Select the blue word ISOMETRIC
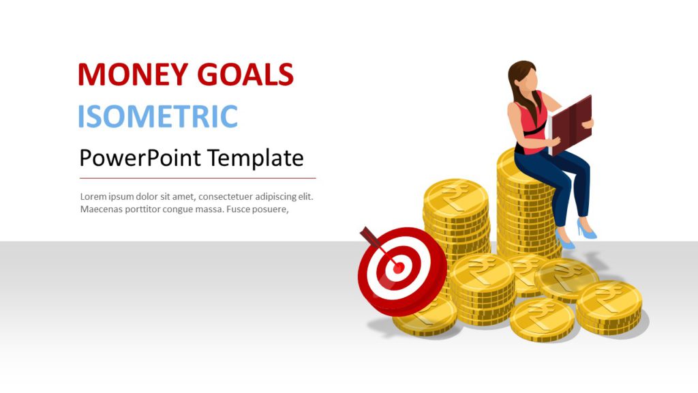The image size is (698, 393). tap(157, 117)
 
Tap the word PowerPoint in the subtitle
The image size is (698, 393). tap(140, 158)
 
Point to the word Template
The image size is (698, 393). tap(256, 158)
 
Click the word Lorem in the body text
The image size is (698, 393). tap(94, 196)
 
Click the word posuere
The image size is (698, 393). tap(270, 209)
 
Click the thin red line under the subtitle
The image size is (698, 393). tap(198, 178)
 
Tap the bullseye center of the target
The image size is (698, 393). tap(397, 268)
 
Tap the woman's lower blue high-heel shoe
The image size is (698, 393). tap(564, 239)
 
